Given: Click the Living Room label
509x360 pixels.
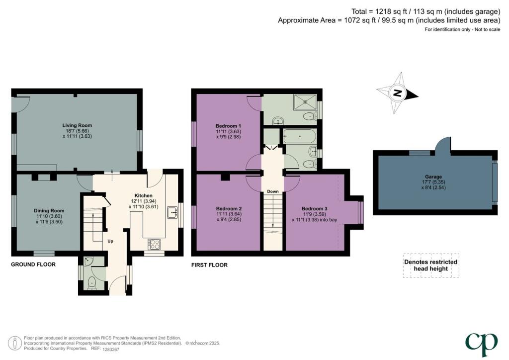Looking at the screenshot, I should point(77,125).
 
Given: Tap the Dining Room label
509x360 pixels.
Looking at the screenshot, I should point(49,211).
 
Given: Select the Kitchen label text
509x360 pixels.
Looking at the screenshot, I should point(144,195).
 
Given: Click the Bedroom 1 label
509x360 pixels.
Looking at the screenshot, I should point(228,125).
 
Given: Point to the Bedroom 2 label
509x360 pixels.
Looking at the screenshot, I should point(229,208).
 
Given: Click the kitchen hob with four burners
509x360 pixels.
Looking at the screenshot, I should point(154,244).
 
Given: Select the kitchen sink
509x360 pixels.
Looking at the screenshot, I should point(172,212).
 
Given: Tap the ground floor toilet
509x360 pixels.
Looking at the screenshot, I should point(91,283).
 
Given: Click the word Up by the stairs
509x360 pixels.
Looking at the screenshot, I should point(111,241).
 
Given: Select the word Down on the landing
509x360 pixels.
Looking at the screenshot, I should point(272,191).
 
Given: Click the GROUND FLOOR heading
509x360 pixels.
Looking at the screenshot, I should point(33,265).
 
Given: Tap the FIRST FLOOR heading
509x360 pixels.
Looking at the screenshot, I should point(209,265).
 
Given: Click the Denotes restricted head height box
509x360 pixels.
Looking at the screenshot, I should point(430,266).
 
